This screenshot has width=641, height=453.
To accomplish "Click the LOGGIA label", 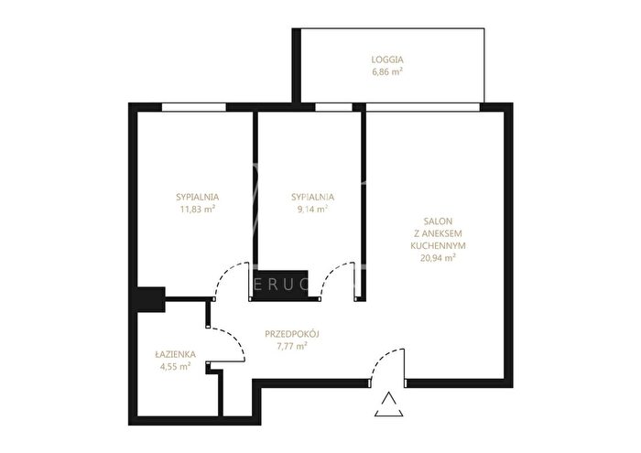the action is click(x=387, y=59).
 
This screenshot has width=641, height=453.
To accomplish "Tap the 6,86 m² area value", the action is click(x=387, y=72).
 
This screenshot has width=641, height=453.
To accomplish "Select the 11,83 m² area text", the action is click(x=198, y=210).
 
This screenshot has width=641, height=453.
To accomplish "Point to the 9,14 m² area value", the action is click(x=313, y=210).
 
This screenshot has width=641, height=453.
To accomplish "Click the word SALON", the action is click(x=438, y=221).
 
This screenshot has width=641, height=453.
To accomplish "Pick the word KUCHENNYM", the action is click(x=438, y=246).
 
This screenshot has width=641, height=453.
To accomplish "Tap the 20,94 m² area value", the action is click(x=438, y=258).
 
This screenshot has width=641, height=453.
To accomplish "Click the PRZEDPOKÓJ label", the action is click(x=292, y=334).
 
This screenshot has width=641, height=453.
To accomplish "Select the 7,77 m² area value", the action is click(x=292, y=347).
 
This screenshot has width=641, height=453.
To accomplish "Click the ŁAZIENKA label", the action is click(x=176, y=354).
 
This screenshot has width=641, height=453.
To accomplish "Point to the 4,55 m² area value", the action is click(x=176, y=366).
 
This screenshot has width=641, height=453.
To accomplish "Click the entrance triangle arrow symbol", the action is click(x=389, y=404).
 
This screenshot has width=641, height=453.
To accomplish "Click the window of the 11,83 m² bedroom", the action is click(x=194, y=107).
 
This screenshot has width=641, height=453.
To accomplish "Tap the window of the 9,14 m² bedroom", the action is click(x=333, y=107).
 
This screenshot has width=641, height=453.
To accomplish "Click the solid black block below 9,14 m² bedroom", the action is click(x=281, y=286).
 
